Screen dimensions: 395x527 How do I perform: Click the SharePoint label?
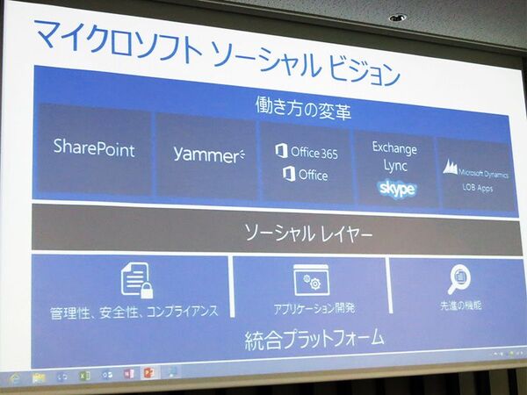point(94,148)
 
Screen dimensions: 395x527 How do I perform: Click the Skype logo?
point(396,188)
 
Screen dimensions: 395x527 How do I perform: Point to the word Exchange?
point(394,147)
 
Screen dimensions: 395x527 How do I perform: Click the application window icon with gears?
point(310,279)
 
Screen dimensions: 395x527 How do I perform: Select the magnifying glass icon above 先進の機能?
point(458,278)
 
